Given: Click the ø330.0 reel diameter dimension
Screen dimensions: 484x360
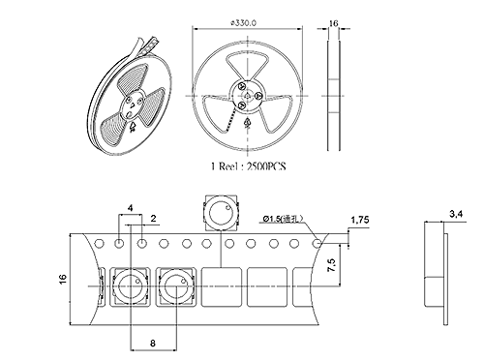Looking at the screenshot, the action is point(244,23).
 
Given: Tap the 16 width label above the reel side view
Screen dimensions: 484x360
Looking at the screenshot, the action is point(333,23).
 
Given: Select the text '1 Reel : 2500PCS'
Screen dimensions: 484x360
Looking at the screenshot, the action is point(249,166).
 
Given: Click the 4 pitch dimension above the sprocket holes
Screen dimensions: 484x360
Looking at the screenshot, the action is point(130,208).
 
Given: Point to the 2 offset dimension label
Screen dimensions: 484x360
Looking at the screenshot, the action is point(154,219).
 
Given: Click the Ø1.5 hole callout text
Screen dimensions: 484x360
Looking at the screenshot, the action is point(283,219).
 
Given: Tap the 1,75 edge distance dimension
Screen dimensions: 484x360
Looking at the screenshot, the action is point(360,220).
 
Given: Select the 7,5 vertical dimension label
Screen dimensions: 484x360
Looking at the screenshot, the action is point(332,265).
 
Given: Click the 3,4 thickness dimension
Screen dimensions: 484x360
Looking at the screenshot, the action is point(456,214).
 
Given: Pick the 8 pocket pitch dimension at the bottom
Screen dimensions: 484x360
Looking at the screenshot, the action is point(153,343).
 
